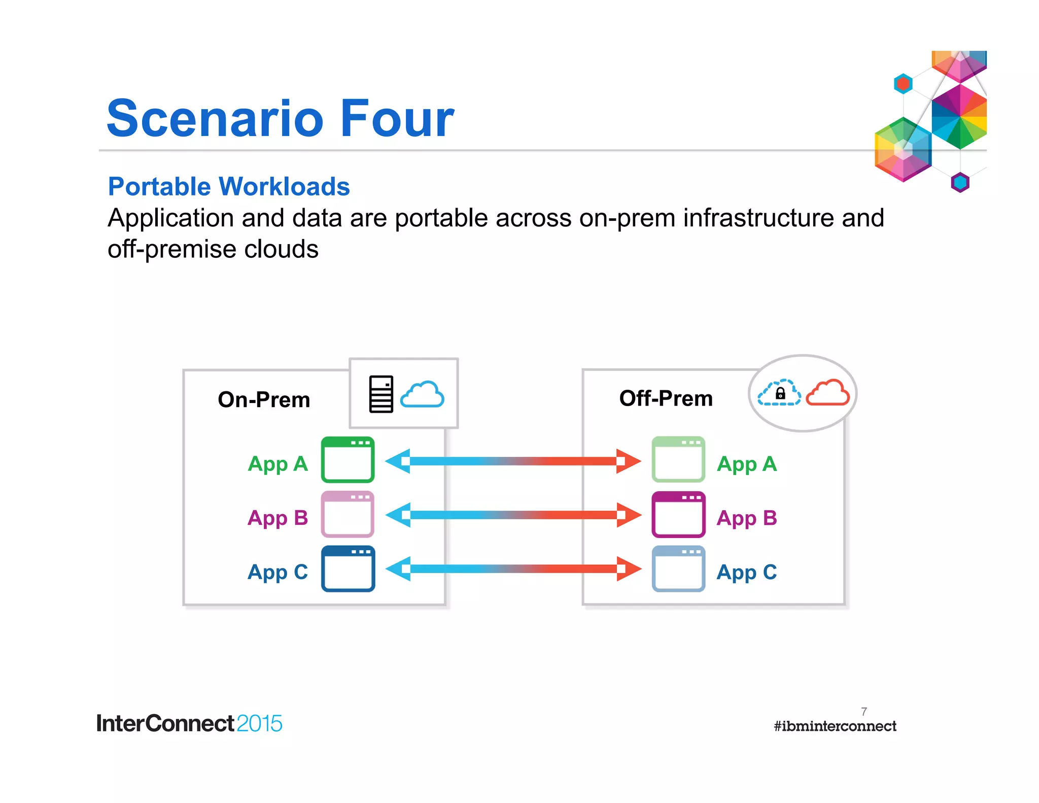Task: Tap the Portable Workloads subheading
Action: click(x=229, y=186)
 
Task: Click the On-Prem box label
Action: click(x=263, y=399)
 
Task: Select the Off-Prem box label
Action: click(x=666, y=398)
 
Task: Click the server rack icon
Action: click(x=381, y=394)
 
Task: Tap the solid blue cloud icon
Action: click(x=422, y=394)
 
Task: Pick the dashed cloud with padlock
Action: click(x=779, y=393)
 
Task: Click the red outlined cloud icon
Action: click(x=828, y=392)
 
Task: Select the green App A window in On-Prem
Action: click(x=348, y=459)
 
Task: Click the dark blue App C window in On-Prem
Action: click(x=348, y=568)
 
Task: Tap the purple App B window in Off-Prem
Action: click(x=678, y=514)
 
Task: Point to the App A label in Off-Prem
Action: click(x=746, y=463)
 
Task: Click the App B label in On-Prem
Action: click(x=278, y=518)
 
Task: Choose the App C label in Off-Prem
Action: click(x=746, y=572)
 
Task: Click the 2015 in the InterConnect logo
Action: click(x=259, y=723)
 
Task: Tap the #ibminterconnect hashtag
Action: click(x=835, y=726)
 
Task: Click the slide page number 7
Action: click(x=864, y=711)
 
